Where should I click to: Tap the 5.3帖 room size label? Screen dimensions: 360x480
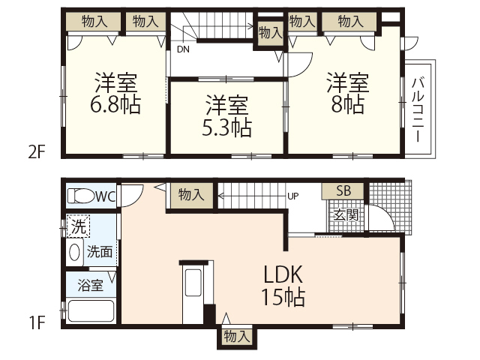click(x=226, y=127)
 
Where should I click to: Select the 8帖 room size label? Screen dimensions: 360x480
click(x=347, y=104)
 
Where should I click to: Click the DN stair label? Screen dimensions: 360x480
click(x=183, y=50)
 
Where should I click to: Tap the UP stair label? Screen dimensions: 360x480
click(x=294, y=196)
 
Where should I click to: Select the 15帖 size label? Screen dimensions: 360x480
click(x=282, y=297)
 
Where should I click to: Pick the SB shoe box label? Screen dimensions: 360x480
click(x=343, y=191)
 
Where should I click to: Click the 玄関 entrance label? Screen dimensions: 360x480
click(x=346, y=215)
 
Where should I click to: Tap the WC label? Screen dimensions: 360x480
click(x=105, y=196)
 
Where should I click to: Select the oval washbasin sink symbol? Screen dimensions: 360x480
click(x=74, y=252)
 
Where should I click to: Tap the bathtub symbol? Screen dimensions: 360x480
click(x=89, y=310)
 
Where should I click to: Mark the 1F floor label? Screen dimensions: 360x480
click(x=37, y=323)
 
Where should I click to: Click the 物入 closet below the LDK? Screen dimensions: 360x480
click(x=236, y=337)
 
